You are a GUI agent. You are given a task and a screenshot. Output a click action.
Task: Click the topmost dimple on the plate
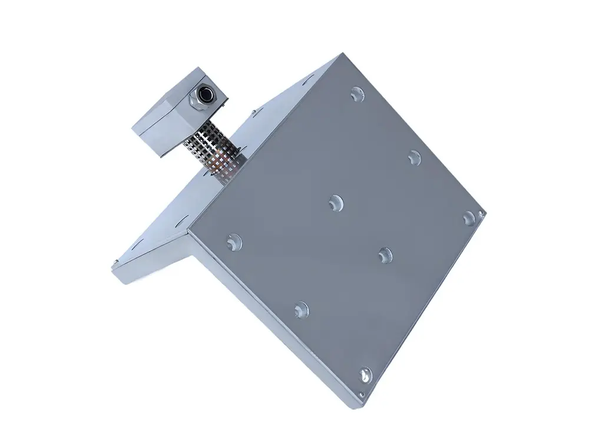[356, 94]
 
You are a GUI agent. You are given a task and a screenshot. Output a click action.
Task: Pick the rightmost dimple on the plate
[469, 218]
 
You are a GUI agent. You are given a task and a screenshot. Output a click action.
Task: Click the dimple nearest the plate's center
[336, 202]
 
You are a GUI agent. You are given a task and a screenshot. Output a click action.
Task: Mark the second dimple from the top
[415, 157]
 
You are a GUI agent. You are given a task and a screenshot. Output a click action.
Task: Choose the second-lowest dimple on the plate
[301, 308]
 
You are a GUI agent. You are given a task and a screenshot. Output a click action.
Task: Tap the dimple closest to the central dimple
[385, 255]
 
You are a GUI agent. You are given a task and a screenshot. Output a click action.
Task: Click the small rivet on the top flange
[252, 111]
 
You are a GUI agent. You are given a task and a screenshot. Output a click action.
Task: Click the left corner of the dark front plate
[190, 231]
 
